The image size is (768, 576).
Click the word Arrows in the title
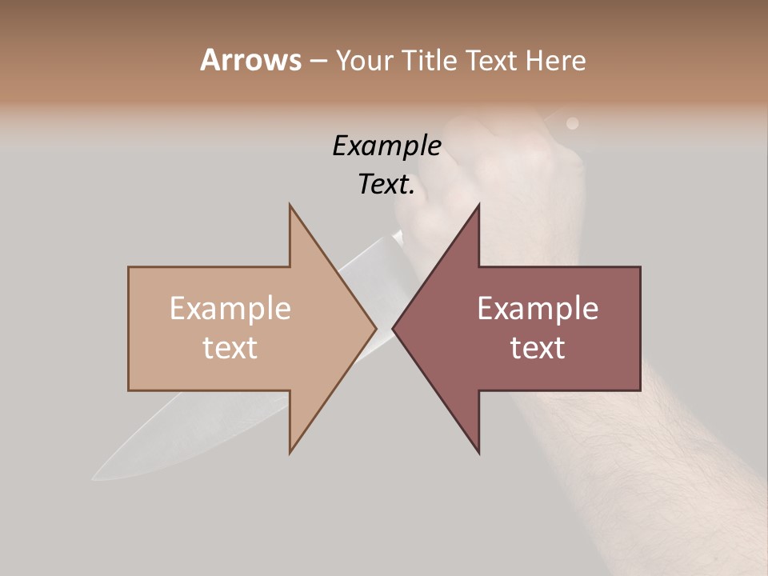tap(250, 60)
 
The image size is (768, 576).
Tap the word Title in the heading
tap(430, 61)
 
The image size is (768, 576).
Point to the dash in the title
tap(318, 61)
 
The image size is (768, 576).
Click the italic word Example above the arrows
tap(386, 146)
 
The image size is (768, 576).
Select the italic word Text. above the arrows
tap(386, 184)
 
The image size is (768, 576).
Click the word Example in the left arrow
tap(230, 308)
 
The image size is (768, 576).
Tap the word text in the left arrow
tap(230, 347)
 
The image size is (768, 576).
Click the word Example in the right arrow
tap(538, 308)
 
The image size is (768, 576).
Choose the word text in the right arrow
tap(538, 347)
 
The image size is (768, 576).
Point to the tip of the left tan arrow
tap(375, 328)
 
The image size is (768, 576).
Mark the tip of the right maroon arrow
tap(393, 328)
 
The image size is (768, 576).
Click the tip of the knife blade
tap(94, 478)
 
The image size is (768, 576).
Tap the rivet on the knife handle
tap(572, 123)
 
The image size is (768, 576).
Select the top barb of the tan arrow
tap(290, 206)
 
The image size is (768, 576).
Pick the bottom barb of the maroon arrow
tap(478, 452)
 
